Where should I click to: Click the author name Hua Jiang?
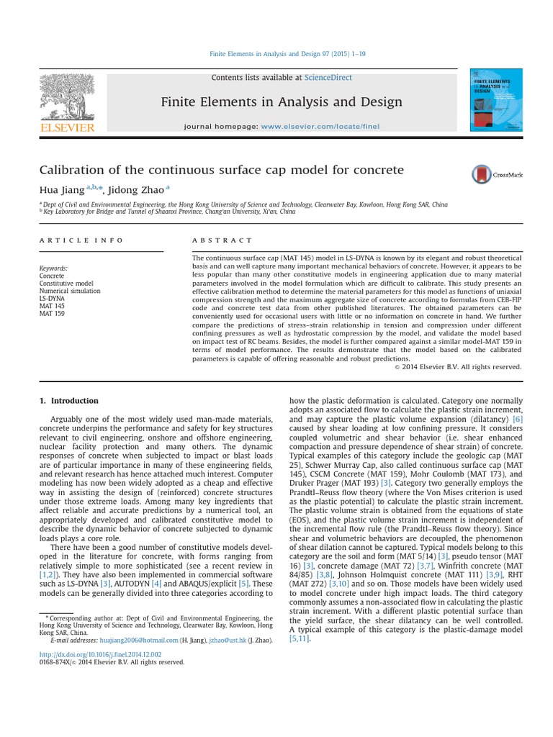click(x=60, y=190)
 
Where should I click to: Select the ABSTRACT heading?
click(x=222, y=240)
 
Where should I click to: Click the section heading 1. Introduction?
click(x=69, y=401)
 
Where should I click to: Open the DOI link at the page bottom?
click(x=101, y=654)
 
